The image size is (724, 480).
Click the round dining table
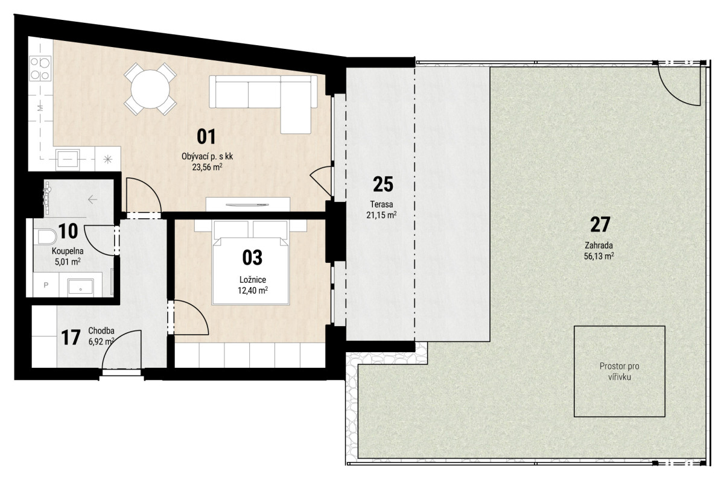click(150, 89)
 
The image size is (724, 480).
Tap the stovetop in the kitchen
click(40, 69)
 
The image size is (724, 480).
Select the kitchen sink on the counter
click(68, 160)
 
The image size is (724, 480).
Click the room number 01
click(206, 136)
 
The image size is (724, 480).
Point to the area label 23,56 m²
click(207, 167)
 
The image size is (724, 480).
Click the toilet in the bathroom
click(46, 236)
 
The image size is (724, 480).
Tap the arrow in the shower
click(93, 200)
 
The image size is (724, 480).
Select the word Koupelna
click(68, 251)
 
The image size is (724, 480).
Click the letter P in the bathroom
click(46, 285)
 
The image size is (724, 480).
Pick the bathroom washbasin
click(80, 288)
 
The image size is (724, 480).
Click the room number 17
click(71, 338)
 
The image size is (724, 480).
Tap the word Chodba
click(101, 331)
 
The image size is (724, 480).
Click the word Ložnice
click(253, 280)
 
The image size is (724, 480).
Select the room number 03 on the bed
click(252, 257)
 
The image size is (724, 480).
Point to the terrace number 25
click(383, 185)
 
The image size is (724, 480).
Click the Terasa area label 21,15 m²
click(382, 215)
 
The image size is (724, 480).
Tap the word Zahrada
click(599, 245)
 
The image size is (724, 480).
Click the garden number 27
click(600, 224)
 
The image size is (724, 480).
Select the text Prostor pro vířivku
click(619, 371)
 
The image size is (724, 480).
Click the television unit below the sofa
click(248, 204)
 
